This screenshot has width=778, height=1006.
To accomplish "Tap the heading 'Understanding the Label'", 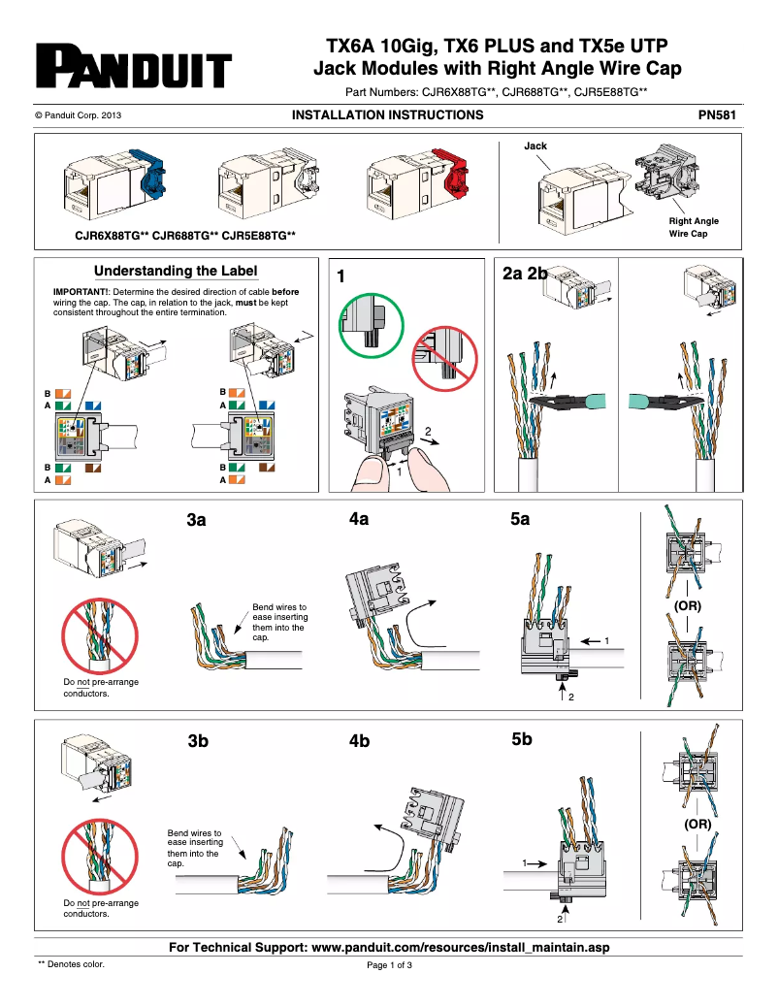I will click(x=176, y=271).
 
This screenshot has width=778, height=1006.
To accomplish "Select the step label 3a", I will click(x=197, y=521).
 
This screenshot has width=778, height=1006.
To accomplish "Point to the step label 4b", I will click(x=360, y=741).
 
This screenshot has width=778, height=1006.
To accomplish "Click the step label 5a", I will click(x=521, y=520).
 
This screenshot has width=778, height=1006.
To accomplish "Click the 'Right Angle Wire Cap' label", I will click(x=694, y=227).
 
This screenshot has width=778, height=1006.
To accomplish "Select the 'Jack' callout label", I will click(x=535, y=146).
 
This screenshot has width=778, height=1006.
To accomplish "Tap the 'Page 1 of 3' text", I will click(x=389, y=965).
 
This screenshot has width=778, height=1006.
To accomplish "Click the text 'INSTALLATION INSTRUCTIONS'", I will click(x=387, y=115).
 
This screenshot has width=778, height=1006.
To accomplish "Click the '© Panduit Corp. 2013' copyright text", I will click(x=78, y=115).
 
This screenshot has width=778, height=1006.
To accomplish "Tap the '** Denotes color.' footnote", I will click(x=71, y=964).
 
